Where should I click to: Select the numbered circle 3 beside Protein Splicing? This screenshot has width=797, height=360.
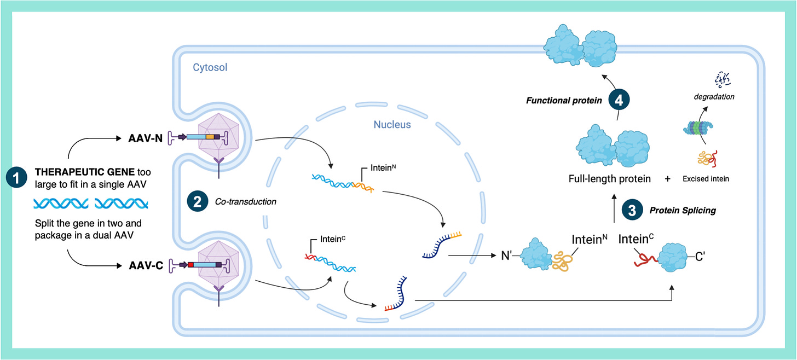(632, 210)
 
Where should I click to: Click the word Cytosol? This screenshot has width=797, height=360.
(210, 68)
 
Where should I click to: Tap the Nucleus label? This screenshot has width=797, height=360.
(392, 124)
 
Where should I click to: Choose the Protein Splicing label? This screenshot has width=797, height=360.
(683, 210)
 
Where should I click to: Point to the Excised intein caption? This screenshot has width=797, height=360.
(706, 179)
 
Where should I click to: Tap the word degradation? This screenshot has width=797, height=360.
(715, 97)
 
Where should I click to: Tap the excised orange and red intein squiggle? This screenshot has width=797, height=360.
(706, 159)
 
